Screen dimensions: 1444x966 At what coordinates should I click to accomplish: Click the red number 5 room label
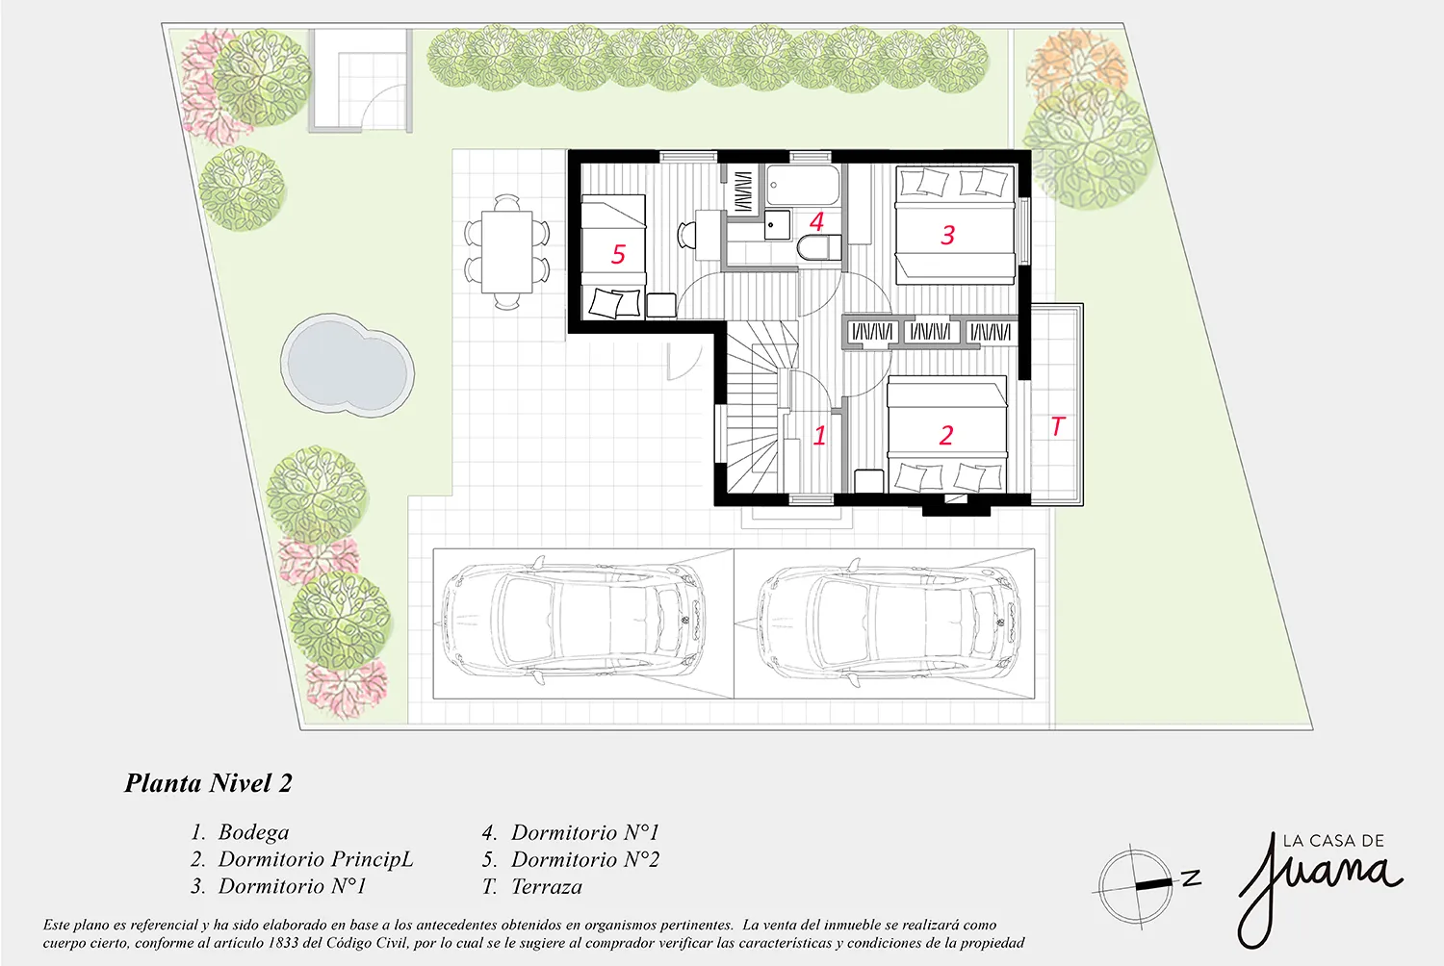(x=618, y=255)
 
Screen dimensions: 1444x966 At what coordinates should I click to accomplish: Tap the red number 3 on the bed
(x=947, y=235)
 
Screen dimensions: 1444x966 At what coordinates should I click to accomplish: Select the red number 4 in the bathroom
(x=816, y=222)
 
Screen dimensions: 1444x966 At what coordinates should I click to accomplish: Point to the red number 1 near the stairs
(x=819, y=436)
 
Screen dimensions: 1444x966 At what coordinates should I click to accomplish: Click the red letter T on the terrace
(x=1058, y=426)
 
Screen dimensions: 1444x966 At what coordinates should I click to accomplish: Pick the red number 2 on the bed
(x=945, y=436)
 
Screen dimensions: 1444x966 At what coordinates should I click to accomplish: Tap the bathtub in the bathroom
(x=803, y=186)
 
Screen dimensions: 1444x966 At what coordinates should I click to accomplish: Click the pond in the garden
(x=348, y=364)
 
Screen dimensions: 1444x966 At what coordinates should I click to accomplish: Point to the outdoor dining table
(x=507, y=252)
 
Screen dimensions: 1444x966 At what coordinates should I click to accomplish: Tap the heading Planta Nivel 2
(x=208, y=783)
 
